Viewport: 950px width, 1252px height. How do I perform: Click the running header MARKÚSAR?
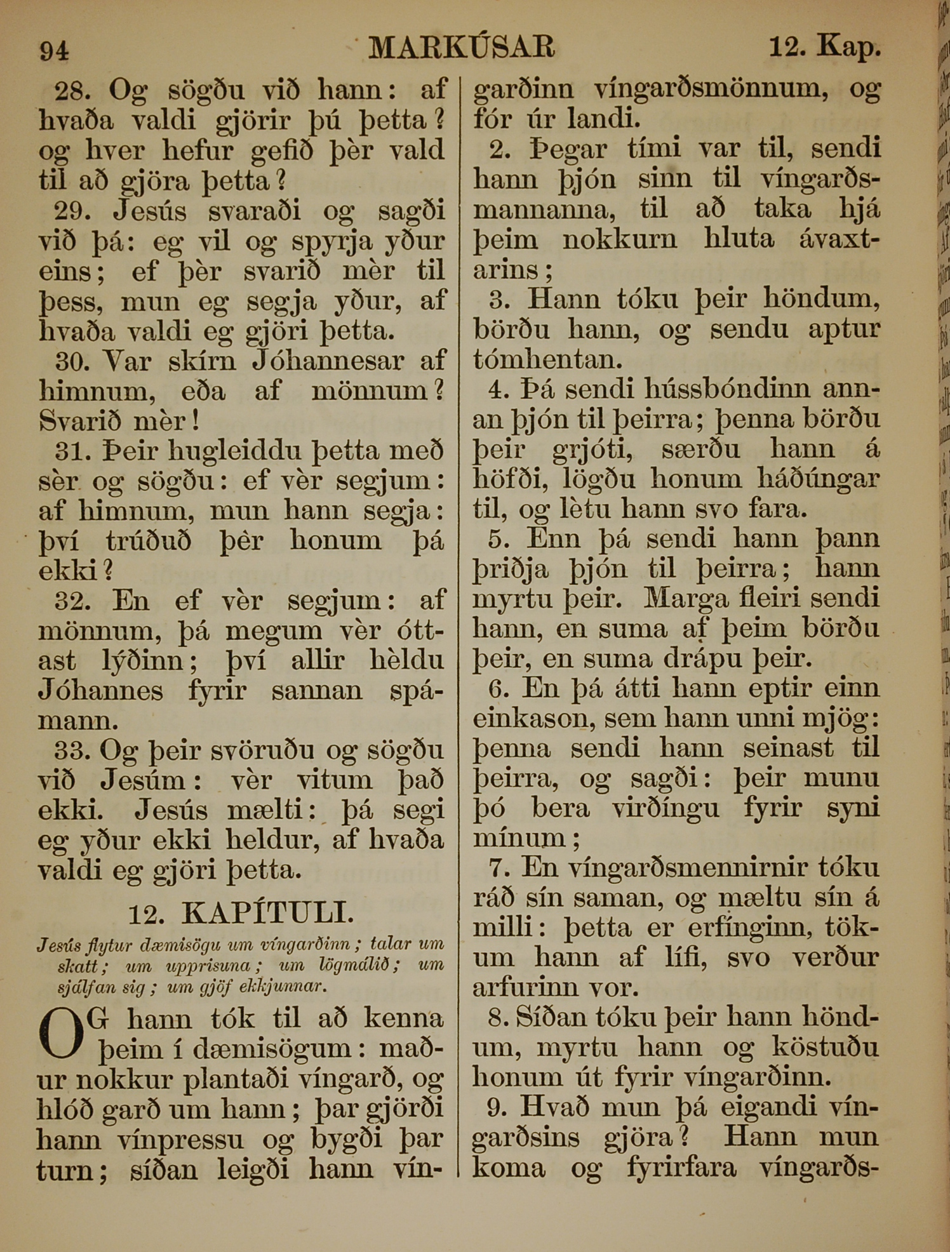coord(462,47)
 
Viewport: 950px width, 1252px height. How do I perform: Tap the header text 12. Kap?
coord(824,47)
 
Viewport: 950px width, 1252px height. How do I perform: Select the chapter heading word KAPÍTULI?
coord(267,914)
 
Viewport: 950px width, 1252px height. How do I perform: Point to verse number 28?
coord(72,91)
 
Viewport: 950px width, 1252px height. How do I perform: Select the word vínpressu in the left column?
coord(181,1141)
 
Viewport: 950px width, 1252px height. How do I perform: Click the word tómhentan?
coord(547,360)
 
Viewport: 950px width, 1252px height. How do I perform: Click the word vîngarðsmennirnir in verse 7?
coord(678,868)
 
